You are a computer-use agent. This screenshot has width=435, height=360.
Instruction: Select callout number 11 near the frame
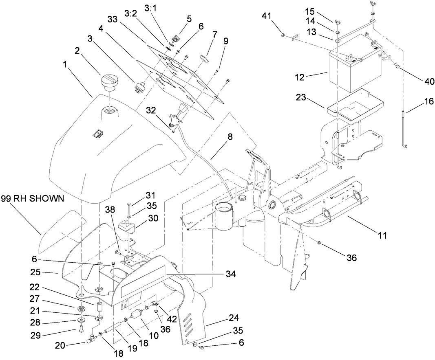tap(382, 235)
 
